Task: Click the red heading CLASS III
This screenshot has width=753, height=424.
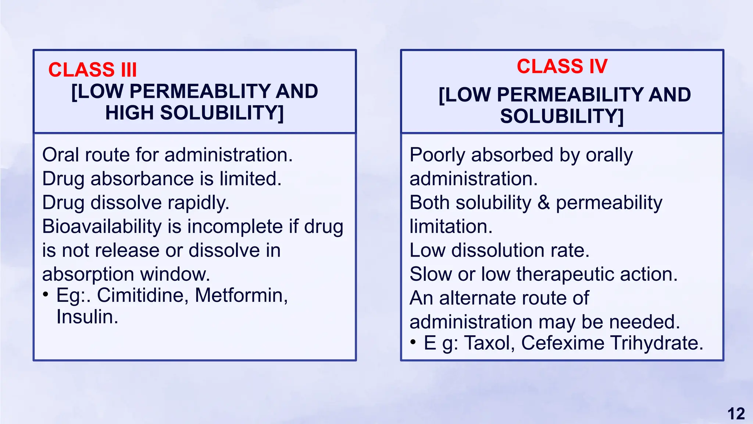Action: pos(92,70)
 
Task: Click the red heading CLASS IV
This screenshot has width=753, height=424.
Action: pos(562,67)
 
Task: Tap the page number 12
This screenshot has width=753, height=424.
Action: pos(736,414)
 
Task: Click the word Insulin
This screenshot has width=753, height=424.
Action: pos(87,317)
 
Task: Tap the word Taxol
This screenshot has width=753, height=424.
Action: pos(489,343)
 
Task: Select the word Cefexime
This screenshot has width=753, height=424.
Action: pos(563,343)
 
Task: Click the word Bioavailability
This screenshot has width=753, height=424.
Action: pos(102,226)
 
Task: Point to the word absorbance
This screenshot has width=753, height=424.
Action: pos(142,179)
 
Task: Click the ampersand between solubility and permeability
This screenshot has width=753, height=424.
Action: pos(543,203)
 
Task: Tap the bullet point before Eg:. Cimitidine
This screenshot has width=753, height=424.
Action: pos(46,294)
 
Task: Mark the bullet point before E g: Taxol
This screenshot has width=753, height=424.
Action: pos(413,342)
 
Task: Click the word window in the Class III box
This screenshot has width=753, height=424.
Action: pos(175,274)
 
